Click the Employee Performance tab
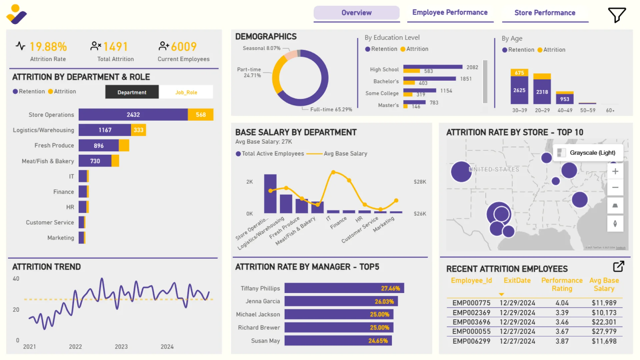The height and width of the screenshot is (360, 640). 450,13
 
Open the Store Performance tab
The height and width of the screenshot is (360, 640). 545,13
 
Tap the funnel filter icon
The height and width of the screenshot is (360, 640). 617,15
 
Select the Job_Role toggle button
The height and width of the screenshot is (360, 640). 186,92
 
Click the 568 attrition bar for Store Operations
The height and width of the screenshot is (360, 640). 200,115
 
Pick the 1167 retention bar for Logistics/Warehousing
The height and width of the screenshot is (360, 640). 105,130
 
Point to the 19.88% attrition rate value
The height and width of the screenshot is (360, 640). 48,47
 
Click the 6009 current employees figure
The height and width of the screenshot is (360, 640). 184,47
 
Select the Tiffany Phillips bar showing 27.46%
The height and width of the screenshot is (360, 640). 344,288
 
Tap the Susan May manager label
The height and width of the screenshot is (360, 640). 265,341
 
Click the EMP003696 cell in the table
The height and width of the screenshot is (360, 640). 471,322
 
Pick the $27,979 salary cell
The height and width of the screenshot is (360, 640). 604,331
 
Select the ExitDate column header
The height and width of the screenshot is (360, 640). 517,280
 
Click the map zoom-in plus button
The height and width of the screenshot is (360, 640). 615,171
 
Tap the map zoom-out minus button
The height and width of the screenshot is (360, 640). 615,187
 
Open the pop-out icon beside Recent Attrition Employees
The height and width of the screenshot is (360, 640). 618,266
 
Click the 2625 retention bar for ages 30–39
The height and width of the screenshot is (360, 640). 519,90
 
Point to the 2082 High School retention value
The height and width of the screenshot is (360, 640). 472,67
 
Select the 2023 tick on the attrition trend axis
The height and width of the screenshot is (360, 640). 121,347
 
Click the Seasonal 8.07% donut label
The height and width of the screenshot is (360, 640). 261,48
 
